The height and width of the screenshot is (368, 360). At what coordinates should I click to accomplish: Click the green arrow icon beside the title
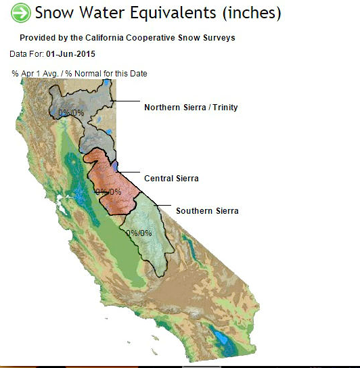coord(21,13)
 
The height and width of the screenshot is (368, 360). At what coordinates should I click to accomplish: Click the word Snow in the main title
coord(54,12)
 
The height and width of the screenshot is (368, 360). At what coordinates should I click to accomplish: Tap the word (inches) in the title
coord(252,13)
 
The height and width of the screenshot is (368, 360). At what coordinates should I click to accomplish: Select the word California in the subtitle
coord(104,38)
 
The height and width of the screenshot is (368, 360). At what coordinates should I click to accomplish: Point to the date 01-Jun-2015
coord(70,54)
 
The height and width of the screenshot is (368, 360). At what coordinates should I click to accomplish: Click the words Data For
coord(26,54)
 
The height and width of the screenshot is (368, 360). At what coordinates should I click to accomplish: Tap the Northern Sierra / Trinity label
coord(191,108)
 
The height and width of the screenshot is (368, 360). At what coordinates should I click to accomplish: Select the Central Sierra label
coord(171,179)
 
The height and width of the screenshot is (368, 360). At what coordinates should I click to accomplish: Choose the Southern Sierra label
coord(207,211)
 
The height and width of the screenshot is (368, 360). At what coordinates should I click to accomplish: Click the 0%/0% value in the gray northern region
coord(71,113)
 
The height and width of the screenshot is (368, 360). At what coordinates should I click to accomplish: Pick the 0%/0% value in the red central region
coord(108,191)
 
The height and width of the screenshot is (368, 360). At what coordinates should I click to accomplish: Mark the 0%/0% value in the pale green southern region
coord(139,233)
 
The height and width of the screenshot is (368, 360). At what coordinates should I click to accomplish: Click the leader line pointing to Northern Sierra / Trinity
coord(126,101)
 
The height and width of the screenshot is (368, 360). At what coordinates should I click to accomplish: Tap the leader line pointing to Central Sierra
coord(129,172)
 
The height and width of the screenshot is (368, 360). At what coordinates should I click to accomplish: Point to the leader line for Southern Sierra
coord(162,206)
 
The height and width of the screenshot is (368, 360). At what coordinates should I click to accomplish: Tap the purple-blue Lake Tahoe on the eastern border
coord(114,166)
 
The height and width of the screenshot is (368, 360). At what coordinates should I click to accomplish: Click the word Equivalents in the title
coord(173,13)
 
